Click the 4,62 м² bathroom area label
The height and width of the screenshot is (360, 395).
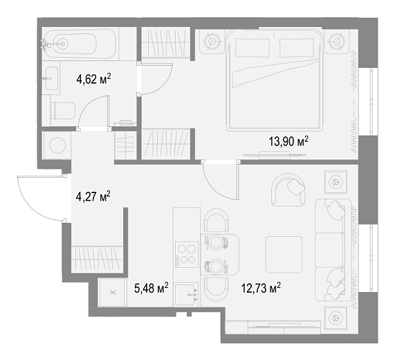(x=93, y=79)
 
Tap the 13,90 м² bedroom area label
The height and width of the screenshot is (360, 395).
(x=288, y=141)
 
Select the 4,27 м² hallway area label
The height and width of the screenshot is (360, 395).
(x=93, y=196)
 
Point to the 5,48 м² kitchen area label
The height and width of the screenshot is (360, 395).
(x=151, y=287)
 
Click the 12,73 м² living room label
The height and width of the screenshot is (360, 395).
(x=261, y=287)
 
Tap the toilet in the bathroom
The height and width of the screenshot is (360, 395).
(x=63, y=111)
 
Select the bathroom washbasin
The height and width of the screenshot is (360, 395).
(x=52, y=78)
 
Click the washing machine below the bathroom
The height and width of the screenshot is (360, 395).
(x=57, y=145)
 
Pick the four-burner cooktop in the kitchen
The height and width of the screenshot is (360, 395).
(x=187, y=255)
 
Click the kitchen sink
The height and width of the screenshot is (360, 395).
(x=186, y=294)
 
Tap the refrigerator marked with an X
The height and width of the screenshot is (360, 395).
(x=113, y=292)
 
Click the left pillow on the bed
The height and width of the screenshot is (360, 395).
(x=252, y=48)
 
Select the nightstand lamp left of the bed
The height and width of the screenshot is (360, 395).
(x=211, y=41)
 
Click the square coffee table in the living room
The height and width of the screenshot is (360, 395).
(x=284, y=254)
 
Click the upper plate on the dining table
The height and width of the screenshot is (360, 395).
(x=217, y=242)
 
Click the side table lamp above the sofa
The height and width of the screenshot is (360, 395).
(x=336, y=181)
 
